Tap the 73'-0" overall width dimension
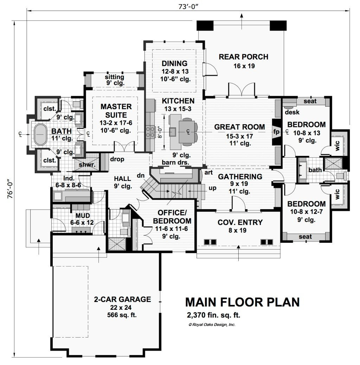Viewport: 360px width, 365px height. [188, 6]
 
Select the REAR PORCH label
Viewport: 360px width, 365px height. [244, 57]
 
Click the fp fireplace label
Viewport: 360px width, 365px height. [276, 132]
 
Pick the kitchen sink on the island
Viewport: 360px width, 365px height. [173, 132]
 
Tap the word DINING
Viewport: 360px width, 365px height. [174, 63]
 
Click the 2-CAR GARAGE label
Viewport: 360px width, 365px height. [122, 299]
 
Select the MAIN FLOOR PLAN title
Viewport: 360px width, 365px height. [242, 302]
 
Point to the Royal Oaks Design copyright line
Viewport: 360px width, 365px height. [212, 325]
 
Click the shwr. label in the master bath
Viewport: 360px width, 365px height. [87, 165]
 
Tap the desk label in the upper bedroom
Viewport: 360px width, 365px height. [292, 112]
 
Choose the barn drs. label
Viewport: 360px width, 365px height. [175, 162]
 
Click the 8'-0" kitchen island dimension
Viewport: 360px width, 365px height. [160, 132]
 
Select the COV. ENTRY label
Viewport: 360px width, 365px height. [240, 222]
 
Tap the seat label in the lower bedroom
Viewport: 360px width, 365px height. [305, 237]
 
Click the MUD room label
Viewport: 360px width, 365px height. [83, 215]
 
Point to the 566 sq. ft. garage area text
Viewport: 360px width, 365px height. [122, 315]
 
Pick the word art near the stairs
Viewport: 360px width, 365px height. [208, 172]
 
